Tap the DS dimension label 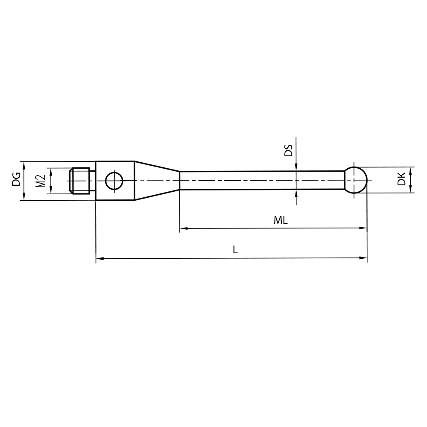[x=289, y=150]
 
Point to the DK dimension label [x=401, y=180]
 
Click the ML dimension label [x=281, y=220]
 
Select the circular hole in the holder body [x=114, y=180]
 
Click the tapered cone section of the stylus [x=156, y=180]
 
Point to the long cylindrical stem [x=260, y=180]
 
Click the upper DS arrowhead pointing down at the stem [x=296, y=167]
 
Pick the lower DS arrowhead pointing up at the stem [x=296, y=193]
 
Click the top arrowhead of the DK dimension [x=410, y=170]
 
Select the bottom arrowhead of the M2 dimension [x=51, y=190]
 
